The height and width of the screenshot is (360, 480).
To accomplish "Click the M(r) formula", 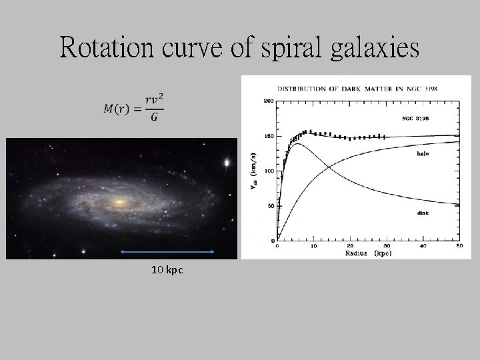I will tap(134, 108).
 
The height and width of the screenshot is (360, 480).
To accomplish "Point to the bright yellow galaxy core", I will tap(120, 201).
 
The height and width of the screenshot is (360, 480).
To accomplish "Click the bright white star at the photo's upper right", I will tap(228, 162).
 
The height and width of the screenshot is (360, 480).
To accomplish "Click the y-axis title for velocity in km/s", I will tap(255, 172).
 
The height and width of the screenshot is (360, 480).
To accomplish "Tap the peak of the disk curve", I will tap(296, 144).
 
